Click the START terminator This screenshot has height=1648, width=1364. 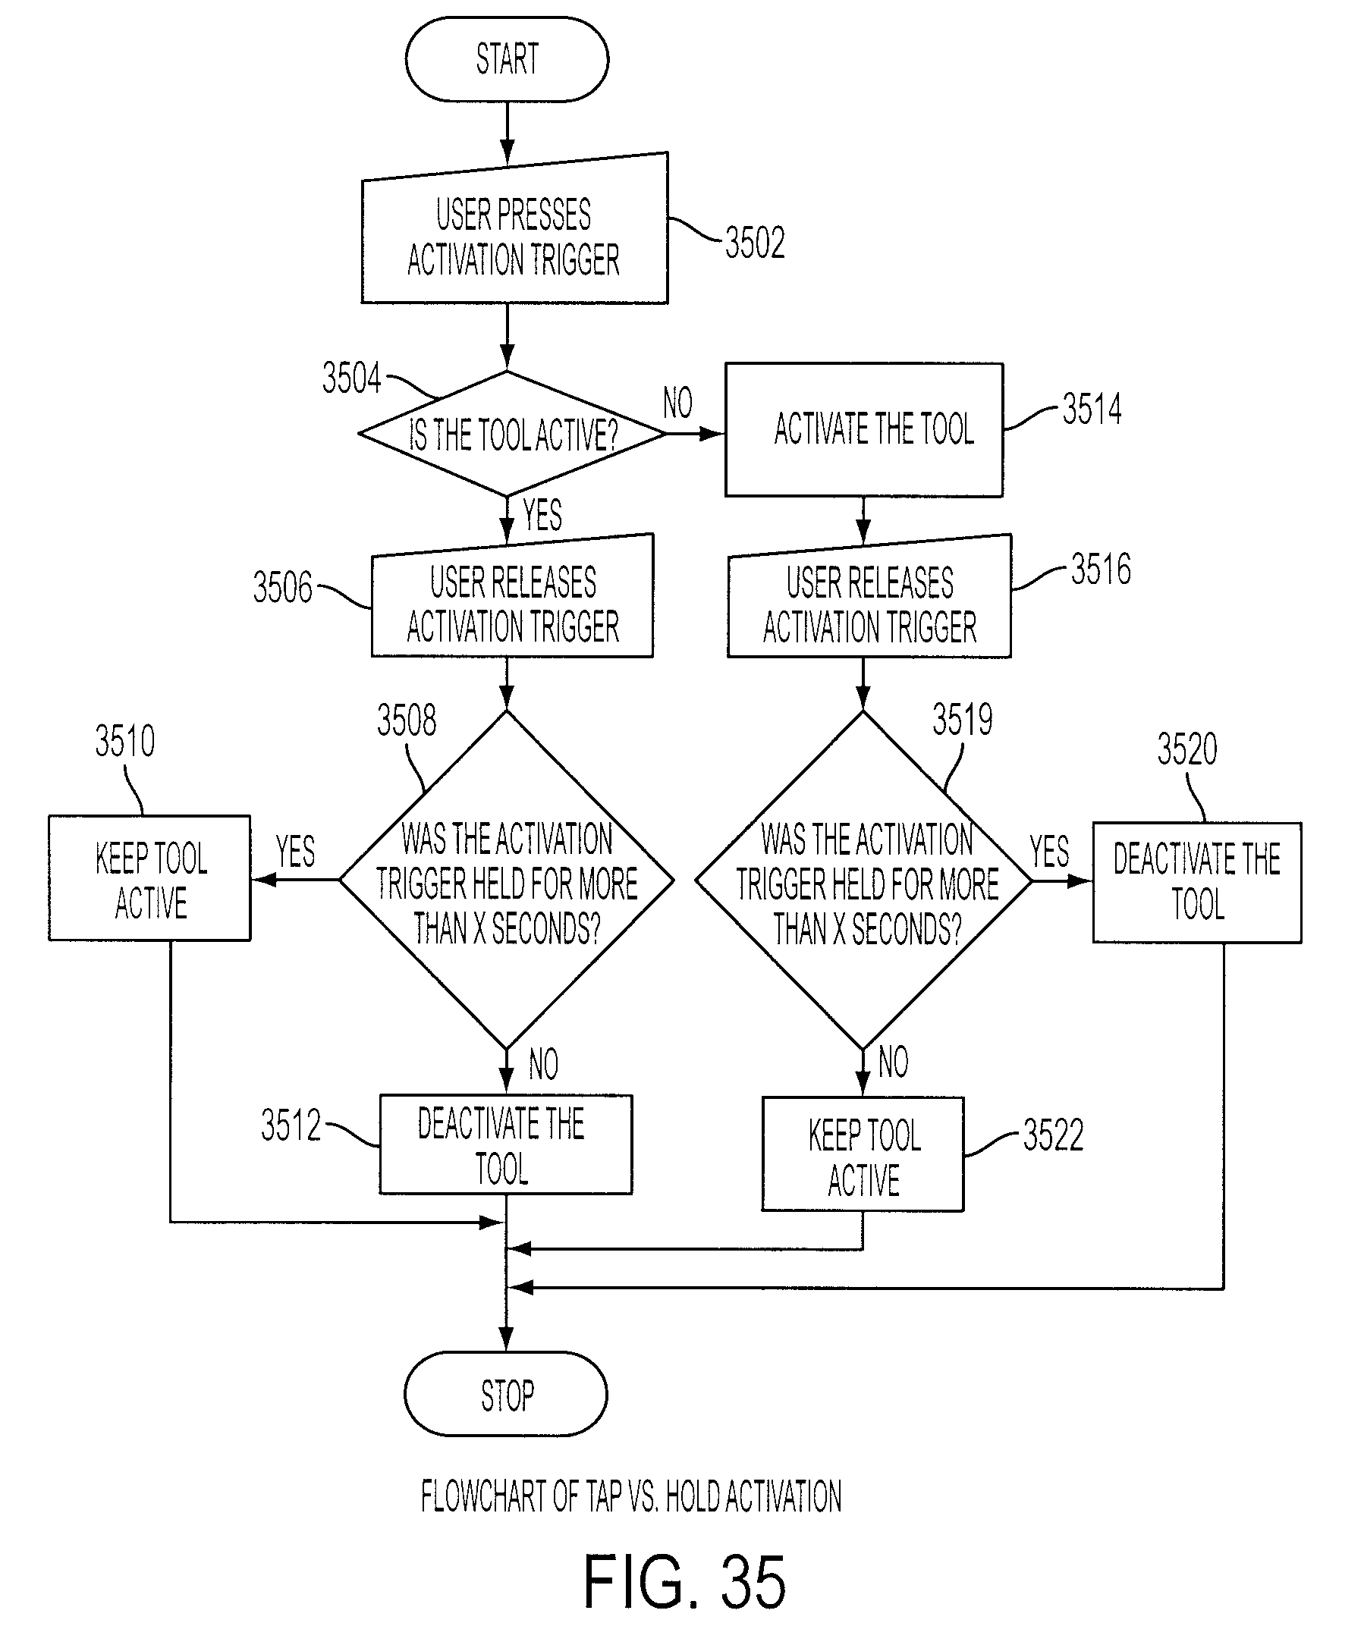(x=507, y=59)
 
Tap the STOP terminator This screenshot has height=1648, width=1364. (x=506, y=1395)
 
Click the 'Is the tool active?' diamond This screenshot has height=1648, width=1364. (x=512, y=433)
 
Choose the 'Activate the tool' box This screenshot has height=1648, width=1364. (x=864, y=429)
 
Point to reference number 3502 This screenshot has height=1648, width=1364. (x=754, y=243)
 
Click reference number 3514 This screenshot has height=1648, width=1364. (x=1092, y=409)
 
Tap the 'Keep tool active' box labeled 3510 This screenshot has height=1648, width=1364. (x=150, y=878)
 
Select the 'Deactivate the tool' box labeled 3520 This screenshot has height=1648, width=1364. (x=1198, y=882)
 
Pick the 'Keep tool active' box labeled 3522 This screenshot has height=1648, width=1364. (x=863, y=1154)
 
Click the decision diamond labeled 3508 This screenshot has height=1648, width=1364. (x=507, y=880)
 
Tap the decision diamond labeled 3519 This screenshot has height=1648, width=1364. (x=863, y=880)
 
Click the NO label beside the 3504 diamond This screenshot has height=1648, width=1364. (x=678, y=403)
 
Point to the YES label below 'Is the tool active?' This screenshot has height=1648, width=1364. (x=542, y=515)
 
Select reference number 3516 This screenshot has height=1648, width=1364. (x=1101, y=569)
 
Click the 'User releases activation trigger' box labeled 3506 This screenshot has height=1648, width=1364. (x=513, y=596)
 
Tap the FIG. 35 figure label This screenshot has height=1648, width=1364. (x=684, y=1582)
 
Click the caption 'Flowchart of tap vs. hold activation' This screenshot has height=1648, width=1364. (x=631, y=1496)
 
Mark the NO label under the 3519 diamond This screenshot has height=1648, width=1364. (x=893, y=1062)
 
